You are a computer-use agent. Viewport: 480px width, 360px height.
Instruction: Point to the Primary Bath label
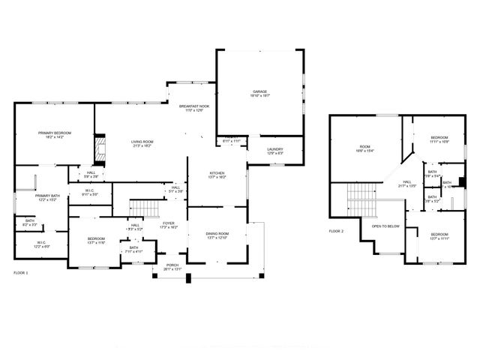click(46, 197)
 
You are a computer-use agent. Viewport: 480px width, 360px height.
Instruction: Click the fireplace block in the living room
click(100, 147)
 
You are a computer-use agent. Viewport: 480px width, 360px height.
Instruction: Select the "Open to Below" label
click(385, 226)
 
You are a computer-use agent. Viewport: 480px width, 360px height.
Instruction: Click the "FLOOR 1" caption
click(21, 273)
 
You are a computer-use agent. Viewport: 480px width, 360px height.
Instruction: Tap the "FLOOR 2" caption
click(336, 231)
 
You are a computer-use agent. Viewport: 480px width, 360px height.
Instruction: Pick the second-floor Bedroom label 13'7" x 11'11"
click(439, 236)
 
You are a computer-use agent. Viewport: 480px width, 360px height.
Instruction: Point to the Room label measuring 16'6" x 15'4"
click(365, 148)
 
